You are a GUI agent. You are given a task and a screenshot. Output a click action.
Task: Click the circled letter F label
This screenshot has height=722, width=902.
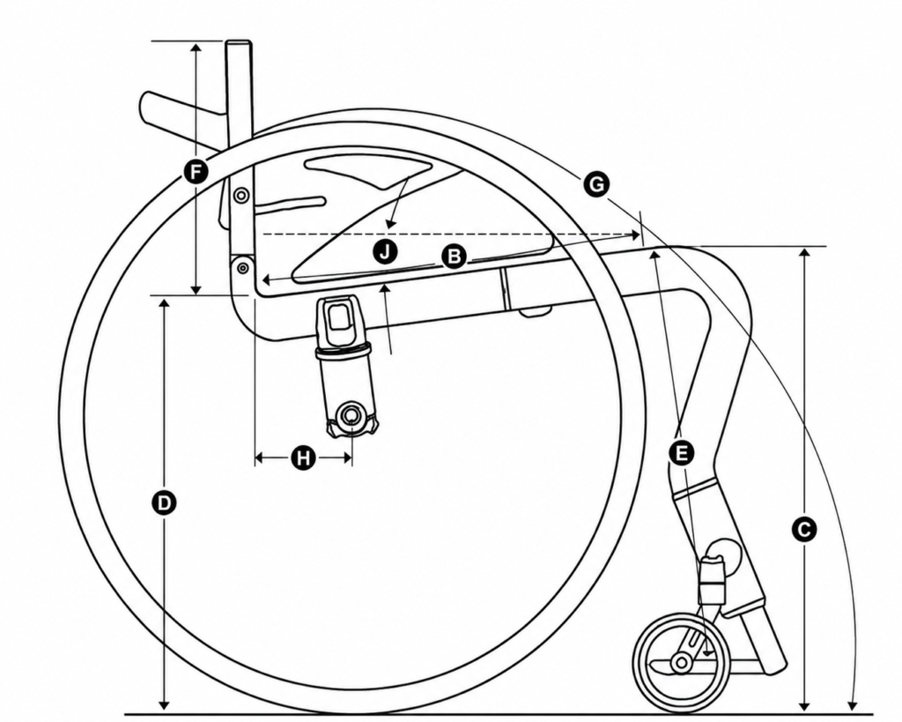(x=196, y=172)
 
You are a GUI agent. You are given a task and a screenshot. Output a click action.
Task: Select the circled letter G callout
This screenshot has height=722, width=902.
(x=596, y=185)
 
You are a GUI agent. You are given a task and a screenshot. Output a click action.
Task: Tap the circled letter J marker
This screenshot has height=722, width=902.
(x=385, y=251)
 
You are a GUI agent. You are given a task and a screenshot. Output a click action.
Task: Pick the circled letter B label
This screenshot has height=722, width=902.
(x=454, y=257)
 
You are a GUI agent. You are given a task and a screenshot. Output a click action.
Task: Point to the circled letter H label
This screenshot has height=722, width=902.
(x=303, y=458)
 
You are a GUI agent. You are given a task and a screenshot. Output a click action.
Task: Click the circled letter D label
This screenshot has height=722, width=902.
(x=165, y=503)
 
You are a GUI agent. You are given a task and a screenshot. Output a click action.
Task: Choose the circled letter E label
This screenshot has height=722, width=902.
(x=682, y=453)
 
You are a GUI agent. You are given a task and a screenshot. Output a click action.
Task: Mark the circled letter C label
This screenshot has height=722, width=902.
(x=804, y=529)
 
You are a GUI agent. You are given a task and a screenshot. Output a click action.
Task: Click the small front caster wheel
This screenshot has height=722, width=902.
(x=682, y=663)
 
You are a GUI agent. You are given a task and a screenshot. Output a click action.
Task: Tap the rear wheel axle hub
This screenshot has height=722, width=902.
(x=351, y=415)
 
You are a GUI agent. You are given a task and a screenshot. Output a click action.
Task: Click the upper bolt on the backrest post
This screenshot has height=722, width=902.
(x=240, y=196)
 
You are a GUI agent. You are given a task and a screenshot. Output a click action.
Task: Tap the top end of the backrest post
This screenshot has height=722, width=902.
(x=239, y=42)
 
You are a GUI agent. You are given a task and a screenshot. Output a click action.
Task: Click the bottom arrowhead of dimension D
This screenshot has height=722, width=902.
(x=165, y=705)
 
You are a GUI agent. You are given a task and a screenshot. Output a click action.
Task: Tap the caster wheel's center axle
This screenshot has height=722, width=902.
(x=682, y=663)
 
